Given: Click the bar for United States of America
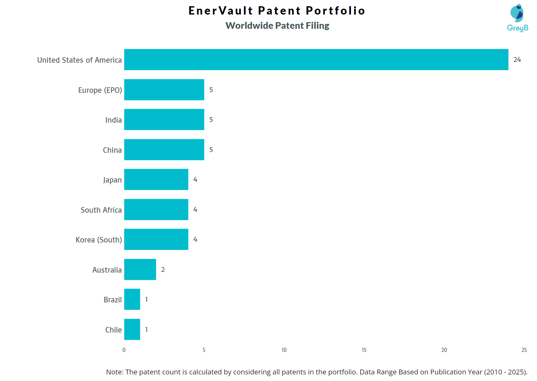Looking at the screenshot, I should pyautogui.click(x=316, y=60).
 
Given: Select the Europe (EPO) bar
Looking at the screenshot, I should pyautogui.click(x=164, y=90).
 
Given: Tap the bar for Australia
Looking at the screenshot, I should pyautogui.click(x=140, y=269).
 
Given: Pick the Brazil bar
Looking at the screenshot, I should pyautogui.click(x=132, y=299).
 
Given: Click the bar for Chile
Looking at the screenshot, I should pyautogui.click(x=132, y=329).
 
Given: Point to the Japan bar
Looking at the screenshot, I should pyautogui.click(x=156, y=179).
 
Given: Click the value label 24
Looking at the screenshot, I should pyautogui.click(x=517, y=60).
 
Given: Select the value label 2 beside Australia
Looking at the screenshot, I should pyautogui.click(x=163, y=269).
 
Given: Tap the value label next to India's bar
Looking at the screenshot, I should pyautogui.click(x=211, y=119).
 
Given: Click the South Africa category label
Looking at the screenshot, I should pyautogui.click(x=101, y=210).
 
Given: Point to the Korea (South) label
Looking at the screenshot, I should pyautogui.click(x=99, y=240).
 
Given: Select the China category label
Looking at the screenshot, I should pyautogui.click(x=112, y=150).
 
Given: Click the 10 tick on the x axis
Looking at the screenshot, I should pyautogui.click(x=284, y=350).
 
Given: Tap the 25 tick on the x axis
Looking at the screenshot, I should pyautogui.click(x=524, y=350).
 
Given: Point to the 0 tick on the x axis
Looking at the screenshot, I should pyautogui.click(x=124, y=350).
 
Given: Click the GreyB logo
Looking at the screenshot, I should pyautogui.click(x=517, y=18).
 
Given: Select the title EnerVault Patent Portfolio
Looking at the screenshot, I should pyautogui.click(x=277, y=11).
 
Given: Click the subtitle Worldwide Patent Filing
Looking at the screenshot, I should pyautogui.click(x=277, y=26).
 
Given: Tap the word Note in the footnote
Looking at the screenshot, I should pyautogui.click(x=114, y=372).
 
